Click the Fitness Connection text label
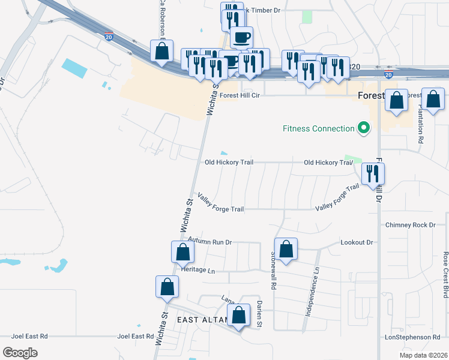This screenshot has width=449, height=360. pos(319,128)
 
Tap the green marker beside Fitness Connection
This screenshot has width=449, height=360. pos(363,128)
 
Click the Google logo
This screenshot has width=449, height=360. pos(20,353)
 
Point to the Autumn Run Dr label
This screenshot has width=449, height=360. pos(209,242)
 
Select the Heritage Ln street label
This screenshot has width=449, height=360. pos(197,271)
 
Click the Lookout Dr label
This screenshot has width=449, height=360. pos(357,242)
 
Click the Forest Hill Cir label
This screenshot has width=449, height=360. pos(240,95)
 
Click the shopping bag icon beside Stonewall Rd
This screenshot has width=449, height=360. pos(286,249)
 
